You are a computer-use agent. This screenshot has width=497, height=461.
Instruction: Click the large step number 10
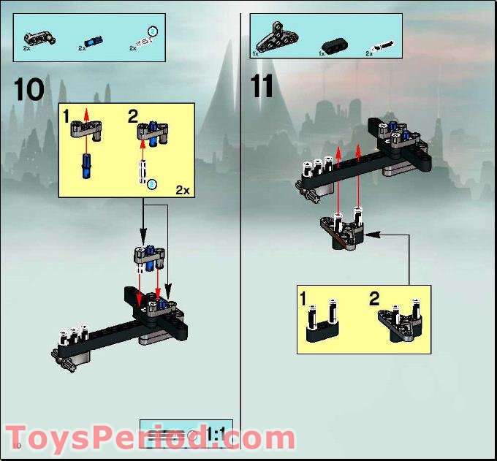[x=29, y=89]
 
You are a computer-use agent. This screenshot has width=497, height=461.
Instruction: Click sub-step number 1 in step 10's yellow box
[x=67, y=115]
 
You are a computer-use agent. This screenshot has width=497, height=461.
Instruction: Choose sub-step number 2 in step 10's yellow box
[x=132, y=115]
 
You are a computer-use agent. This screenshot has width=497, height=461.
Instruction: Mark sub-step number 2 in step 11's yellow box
[x=375, y=298]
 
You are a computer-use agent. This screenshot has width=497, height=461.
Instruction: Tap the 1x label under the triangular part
[x=255, y=53]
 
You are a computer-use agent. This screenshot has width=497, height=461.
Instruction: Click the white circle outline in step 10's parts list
[x=152, y=31]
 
